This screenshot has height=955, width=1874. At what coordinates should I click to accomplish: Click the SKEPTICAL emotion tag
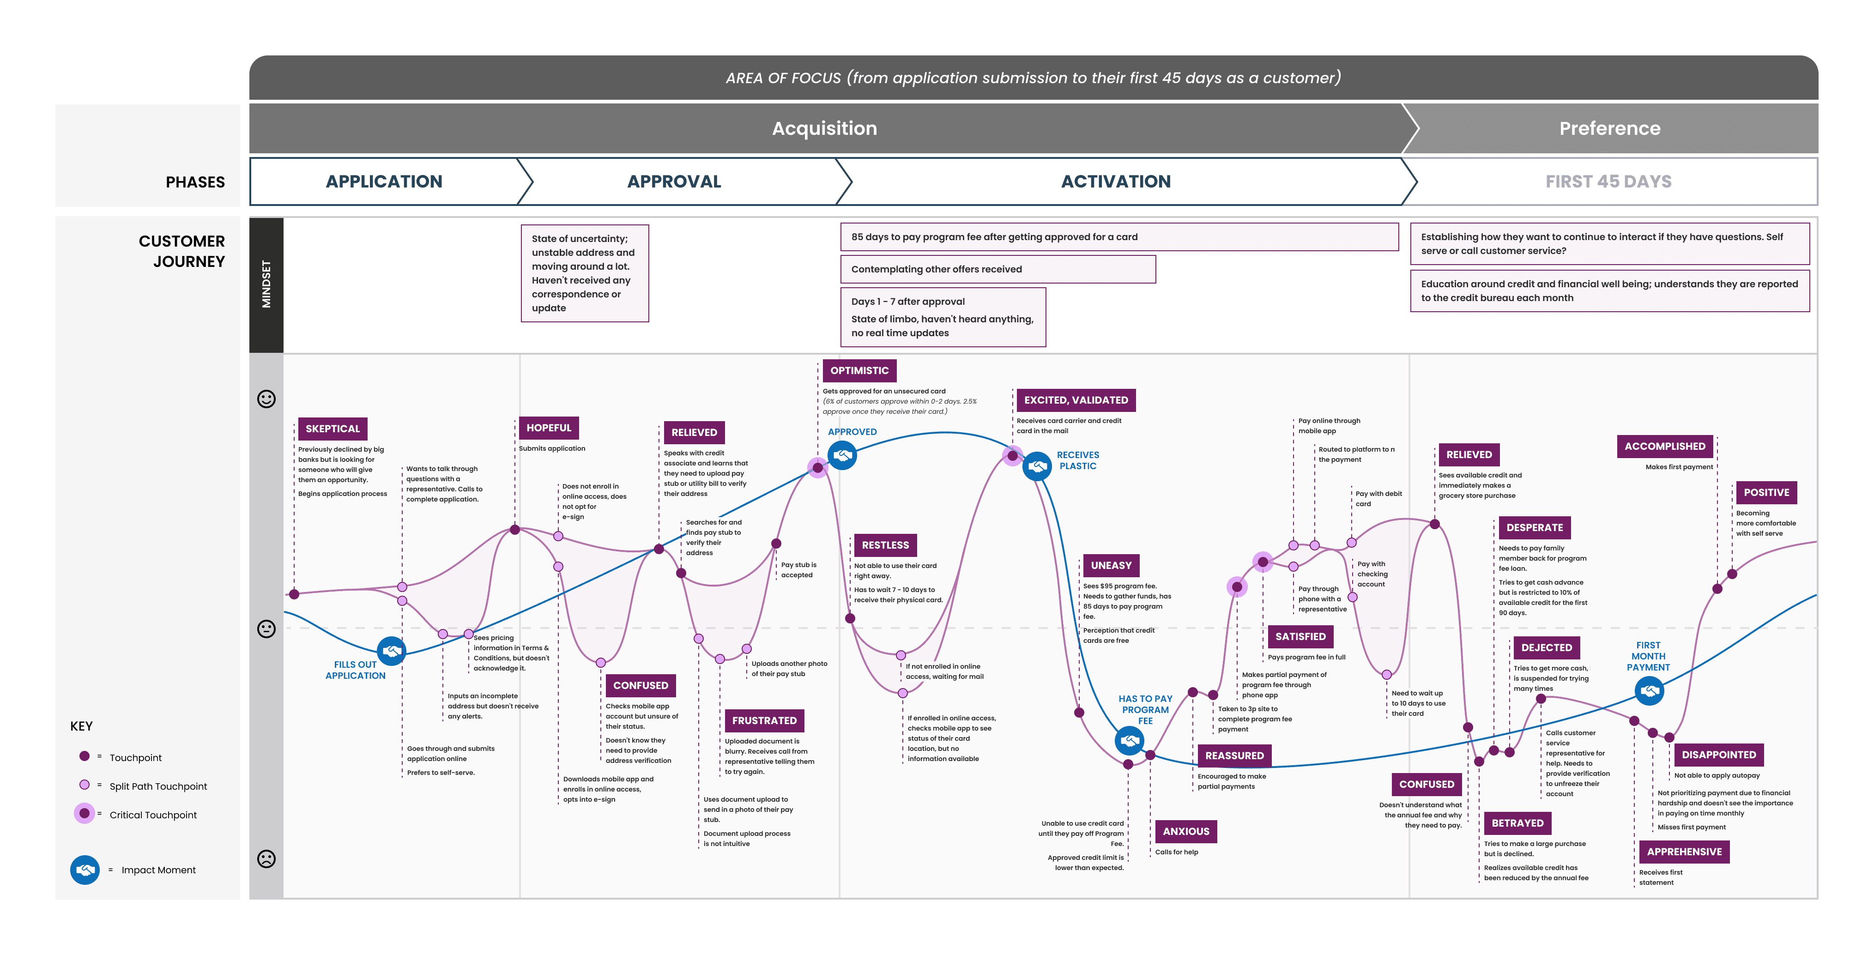tap(332, 429)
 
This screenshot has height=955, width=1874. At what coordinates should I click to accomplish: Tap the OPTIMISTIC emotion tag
tap(859, 370)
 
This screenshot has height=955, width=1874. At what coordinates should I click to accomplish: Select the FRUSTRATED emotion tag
tap(764, 720)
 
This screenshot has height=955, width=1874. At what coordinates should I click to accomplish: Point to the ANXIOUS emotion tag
tap(1186, 831)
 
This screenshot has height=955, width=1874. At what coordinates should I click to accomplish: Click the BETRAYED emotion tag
tap(1517, 822)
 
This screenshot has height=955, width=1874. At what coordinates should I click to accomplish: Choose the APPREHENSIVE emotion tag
tap(1684, 851)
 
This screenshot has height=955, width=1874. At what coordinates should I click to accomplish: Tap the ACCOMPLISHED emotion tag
tap(1664, 446)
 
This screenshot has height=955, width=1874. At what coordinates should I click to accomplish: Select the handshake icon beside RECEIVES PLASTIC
tap(1037, 465)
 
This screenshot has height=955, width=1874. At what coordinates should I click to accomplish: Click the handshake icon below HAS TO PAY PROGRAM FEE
tap(1129, 740)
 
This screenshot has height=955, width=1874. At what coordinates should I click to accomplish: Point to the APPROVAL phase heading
tap(674, 181)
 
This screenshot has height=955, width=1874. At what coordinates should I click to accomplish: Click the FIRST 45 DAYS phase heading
tap(1608, 181)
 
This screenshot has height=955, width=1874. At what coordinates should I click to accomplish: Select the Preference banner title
tap(1609, 128)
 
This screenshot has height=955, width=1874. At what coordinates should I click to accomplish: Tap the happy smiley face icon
tap(266, 399)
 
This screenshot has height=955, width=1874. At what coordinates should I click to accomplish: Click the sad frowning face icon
tap(266, 858)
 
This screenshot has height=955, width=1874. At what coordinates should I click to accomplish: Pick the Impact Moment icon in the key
tap(85, 869)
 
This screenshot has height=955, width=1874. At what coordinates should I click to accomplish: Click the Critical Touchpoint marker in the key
tap(85, 813)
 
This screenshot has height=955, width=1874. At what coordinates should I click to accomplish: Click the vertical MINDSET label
tap(266, 284)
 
